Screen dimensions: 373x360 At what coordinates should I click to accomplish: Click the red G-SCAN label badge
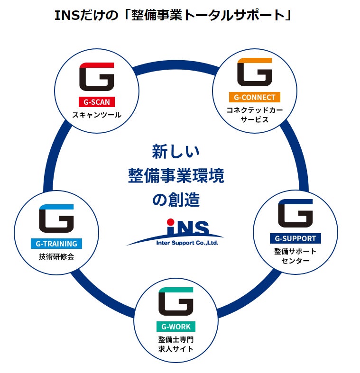(x=96, y=101)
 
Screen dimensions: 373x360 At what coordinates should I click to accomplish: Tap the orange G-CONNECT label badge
(x=254, y=97)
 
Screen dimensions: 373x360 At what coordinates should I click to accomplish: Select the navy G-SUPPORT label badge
(x=295, y=238)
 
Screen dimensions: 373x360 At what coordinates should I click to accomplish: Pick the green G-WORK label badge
(x=175, y=327)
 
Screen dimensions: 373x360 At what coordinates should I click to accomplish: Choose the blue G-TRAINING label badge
(x=56, y=244)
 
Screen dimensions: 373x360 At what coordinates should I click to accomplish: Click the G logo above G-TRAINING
(x=56, y=218)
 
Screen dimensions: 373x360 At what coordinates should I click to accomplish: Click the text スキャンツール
(x=96, y=115)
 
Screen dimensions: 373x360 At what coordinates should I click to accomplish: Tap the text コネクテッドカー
(x=254, y=110)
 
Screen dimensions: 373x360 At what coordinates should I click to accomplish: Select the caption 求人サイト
(x=175, y=349)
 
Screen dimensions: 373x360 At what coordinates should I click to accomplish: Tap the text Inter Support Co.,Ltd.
(x=187, y=243)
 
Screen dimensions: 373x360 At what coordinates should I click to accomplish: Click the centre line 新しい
(x=176, y=152)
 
